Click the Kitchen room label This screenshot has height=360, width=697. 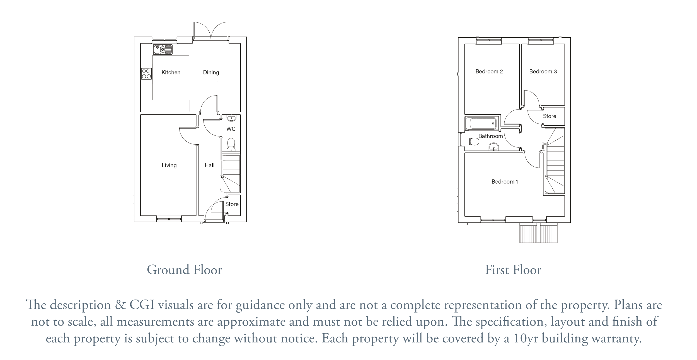click(171, 72)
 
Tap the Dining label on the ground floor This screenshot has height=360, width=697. click(211, 72)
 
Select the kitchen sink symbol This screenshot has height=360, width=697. click(163, 50)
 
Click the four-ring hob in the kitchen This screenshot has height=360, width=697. click(146, 74)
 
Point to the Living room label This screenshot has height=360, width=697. click(169, 165)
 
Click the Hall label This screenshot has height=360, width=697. click(210, 165)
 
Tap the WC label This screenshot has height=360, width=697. click(231, 129)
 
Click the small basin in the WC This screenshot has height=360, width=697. click(231, 118)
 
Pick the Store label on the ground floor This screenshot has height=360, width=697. click(232, 204)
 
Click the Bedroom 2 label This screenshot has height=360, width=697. click(489, 72)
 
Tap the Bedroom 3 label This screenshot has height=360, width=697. click(543, 72)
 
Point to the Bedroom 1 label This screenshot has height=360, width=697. click(505, 182)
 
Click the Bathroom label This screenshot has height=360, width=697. click(491, 136)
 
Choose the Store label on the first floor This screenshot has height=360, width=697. click(550, 116)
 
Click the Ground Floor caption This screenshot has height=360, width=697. click(184, 270)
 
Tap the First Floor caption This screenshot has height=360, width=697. click(513, 270)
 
